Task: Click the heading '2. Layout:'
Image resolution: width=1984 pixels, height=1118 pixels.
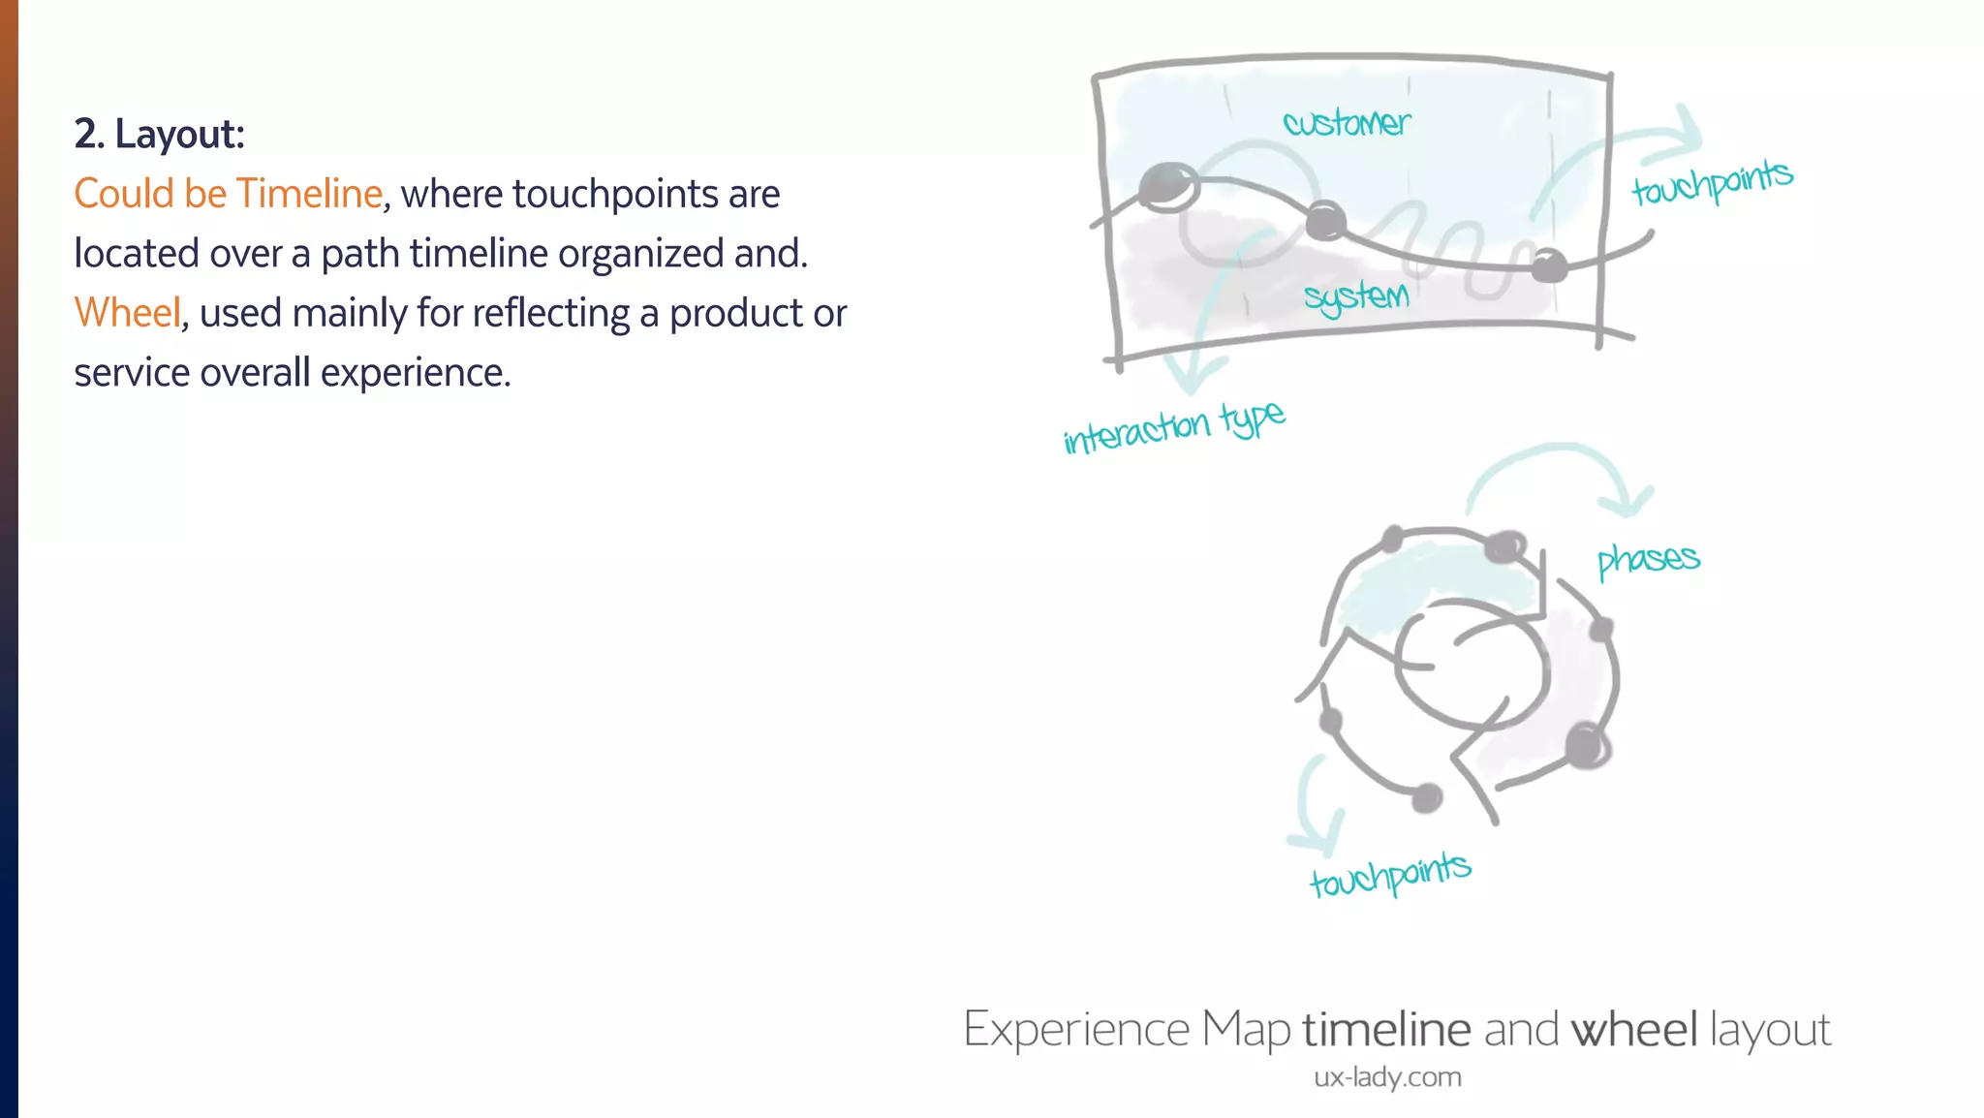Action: tap(160, 134)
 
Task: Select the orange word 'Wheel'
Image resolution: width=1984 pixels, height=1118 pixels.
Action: tap(127, 313)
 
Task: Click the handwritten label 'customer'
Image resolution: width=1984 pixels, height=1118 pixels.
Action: tap(1347, 123)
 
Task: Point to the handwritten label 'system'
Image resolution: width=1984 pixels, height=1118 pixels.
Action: tap(1356, 296)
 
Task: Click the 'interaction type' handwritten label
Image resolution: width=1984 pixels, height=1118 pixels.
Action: tap(1174, 427)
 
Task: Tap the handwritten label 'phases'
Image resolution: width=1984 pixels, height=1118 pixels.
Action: tap(1648, 559)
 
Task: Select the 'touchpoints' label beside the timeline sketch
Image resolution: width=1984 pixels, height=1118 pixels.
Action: tap(1712, 181)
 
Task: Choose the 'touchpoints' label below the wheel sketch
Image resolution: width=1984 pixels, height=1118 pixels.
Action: tap(1390, 875)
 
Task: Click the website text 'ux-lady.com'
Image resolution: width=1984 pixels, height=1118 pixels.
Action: tap(1387, 1077)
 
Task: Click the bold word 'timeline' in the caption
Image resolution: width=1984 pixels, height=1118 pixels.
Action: tap(1386, 1029)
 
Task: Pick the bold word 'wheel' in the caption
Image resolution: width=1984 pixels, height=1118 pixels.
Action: tap(1634, 1029)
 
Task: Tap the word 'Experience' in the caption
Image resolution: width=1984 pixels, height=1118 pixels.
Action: tap(1076, 1029)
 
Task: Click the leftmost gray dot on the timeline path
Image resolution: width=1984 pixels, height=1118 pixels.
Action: tap(1167, 185)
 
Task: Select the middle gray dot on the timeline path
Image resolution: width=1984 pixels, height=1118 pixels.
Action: tap(1325, 221)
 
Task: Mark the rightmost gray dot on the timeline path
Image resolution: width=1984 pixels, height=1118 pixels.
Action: tap(1549, 264)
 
